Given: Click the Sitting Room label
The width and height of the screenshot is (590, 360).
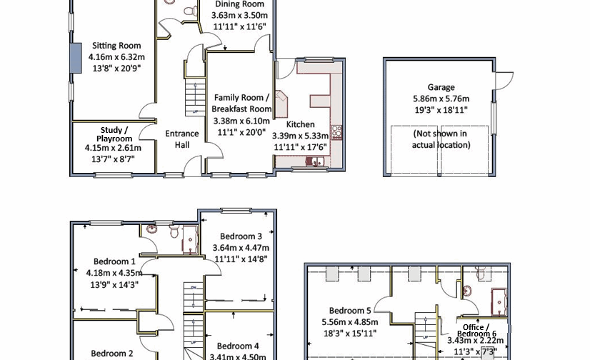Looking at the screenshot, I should [116, 46].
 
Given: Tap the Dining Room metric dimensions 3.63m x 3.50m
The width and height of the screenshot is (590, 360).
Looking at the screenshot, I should [241, 15].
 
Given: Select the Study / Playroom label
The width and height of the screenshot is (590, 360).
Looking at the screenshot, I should [114, 134].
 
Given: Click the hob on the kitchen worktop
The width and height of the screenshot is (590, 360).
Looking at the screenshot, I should [337, 132].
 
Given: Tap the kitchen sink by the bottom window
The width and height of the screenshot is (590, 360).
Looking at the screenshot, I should [315, 162].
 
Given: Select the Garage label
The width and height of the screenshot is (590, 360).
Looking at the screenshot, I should [441, 88].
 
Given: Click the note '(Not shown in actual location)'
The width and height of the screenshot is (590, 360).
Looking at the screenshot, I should [441, 139].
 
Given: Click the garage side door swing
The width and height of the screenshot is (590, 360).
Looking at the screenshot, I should [504, 80].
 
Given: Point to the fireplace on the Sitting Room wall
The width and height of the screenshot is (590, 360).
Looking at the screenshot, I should [74, 57].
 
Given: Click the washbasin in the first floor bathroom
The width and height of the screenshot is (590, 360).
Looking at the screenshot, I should [151, 229].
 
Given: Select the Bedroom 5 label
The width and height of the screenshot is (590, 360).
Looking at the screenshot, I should [349, 311].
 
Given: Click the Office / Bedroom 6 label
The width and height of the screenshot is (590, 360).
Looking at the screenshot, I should [478, 330].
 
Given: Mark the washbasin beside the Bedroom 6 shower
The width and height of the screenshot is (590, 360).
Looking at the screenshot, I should [468, 291].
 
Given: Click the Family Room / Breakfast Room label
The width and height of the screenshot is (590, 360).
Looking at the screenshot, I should [242, 103].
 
